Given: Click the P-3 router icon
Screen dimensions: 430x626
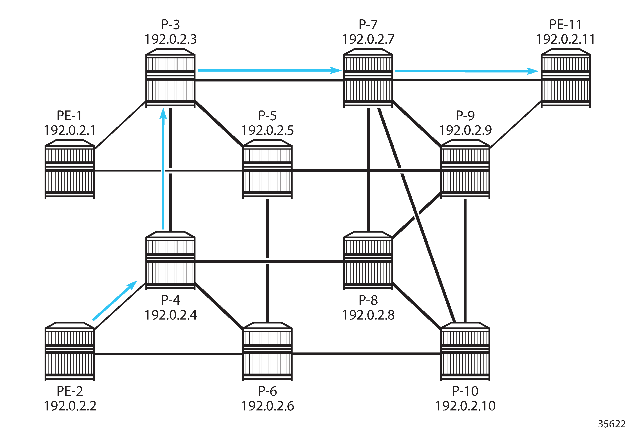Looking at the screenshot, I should coord(170,78).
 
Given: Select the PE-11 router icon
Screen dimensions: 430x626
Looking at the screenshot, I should coord(566,78).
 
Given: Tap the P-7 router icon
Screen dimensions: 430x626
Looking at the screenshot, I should coord(368,78).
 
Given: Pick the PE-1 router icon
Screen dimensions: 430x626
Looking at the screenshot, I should coord(70,169).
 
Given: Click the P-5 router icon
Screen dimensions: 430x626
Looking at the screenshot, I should coord(267,169).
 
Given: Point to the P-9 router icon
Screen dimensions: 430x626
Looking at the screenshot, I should coord(465,169).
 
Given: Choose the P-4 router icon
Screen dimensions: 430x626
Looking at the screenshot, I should coord(170,260).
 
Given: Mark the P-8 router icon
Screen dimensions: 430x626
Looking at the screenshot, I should coord(368,260).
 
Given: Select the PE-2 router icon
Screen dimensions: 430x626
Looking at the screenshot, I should coord(70,351).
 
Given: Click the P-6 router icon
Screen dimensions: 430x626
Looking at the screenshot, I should coord(267,351).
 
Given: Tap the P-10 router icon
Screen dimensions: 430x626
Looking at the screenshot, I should coord(465,351).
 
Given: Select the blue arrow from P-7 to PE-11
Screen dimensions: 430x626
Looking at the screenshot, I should coord(466,71).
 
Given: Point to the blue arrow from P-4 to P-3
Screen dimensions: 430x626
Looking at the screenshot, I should coord(163,170).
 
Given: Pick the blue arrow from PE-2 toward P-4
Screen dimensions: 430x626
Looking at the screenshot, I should coord(114,301).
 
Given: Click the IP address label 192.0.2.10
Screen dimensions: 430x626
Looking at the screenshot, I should coord(465,406).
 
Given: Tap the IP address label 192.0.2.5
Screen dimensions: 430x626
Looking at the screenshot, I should coord(267,130).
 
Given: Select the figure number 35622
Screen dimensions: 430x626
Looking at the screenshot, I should coord(612,424).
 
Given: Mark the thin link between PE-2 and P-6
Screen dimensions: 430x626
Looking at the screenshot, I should coord(168,354).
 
